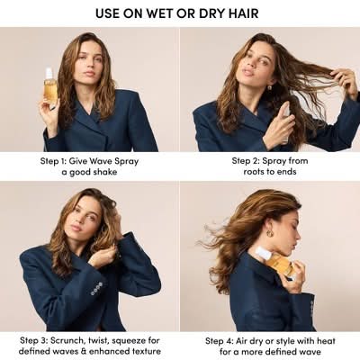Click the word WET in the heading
tap(160, 13)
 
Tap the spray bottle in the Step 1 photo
tap(49, 86)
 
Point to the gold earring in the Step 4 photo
tap(270, 232)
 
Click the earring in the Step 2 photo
tap(269, 88)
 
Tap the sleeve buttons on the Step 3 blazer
tap(96, 288)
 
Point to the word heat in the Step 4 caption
tap(325, 341)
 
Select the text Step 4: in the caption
tap(220, 341)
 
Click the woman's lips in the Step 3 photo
tap(76, 228)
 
